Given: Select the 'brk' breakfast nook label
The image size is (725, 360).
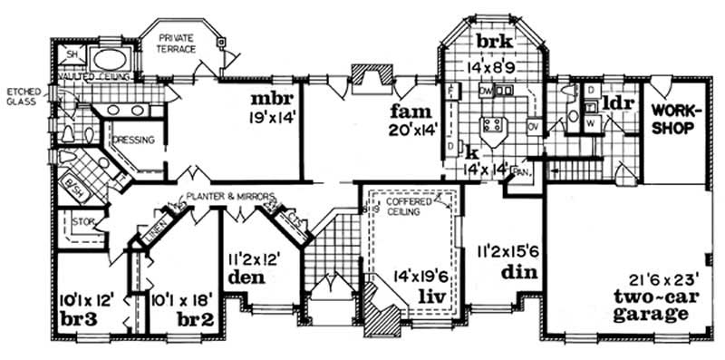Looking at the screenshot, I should (495, 44).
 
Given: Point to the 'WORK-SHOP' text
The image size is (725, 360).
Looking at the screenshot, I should (672, 117).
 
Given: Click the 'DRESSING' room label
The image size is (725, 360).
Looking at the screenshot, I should (135, 140).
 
